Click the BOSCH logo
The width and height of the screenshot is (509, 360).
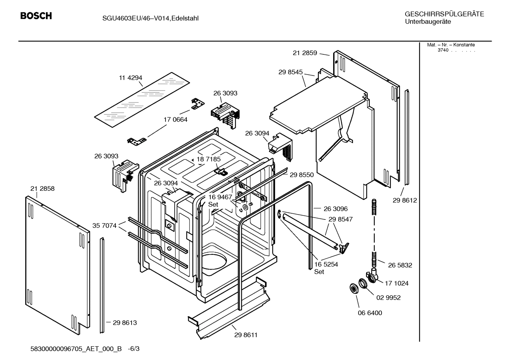[36, 16]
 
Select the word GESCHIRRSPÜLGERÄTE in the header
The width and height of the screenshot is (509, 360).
[444, 14]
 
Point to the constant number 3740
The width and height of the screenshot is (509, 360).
[443, 50]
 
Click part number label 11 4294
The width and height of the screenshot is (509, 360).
[130, 78]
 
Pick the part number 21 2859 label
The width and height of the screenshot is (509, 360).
[305, 53]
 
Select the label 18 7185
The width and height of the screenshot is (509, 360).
[209, 159]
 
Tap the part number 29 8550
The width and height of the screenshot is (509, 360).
[302, 175]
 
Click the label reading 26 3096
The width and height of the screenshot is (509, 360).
[336, 209]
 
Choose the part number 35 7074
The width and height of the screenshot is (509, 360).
[104, 225]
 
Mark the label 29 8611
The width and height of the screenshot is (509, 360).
[246, 335]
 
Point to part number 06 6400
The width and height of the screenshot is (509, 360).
[370, 313]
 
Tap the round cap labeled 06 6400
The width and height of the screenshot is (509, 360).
[352, 288]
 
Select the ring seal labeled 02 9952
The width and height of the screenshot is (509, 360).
[362, 283]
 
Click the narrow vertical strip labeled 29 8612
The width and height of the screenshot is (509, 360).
[407, 138]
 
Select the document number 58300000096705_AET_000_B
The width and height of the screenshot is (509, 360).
[77, 349]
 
